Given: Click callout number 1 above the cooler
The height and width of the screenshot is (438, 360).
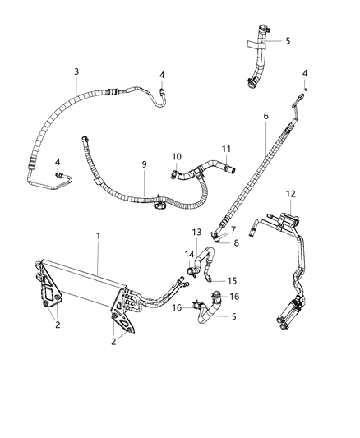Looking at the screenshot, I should [x=98, y=236].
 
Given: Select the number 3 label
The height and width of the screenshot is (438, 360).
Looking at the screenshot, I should [x=76, y=72].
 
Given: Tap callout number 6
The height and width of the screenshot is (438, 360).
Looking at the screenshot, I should [x=265, y=116].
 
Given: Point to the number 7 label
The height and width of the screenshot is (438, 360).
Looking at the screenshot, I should [x=233, y=229].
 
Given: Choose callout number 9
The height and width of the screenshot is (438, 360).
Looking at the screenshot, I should [x=144, y=164].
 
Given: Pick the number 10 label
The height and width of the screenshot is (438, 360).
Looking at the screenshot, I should [x=177, y=156].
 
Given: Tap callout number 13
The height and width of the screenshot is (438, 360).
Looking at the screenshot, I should [x=196, y=233].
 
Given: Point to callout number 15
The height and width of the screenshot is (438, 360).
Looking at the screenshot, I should [x=233, y=280].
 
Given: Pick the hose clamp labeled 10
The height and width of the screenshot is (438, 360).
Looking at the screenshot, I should [x=176, y=173].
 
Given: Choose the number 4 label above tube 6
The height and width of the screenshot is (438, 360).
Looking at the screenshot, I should [x=305, y=73].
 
